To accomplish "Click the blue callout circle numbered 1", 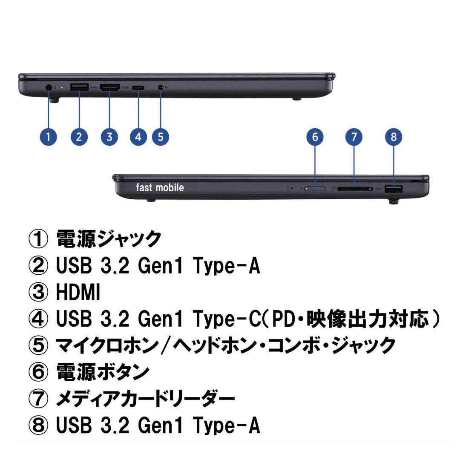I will pyautogui.click(x=48, y=137).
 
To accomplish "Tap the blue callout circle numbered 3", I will pyautogui.click(x=109, y=137).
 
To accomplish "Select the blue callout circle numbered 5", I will pyautogui.click(x=160, y=137).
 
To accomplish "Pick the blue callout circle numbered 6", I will pyautogui.click(x=315, y=137).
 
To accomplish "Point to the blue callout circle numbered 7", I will pyautogui.click(x=354, y=137).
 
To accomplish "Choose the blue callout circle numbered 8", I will pyautogui.click(x=394, y=137).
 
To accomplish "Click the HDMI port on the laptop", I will pyautogui.click(x=109, y=88).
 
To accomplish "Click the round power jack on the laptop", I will pyautogui.click(x=48, y=87).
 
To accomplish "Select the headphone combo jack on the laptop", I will pyautogui.click(x=160, y=87).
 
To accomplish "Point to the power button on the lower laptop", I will pyautogui.click(x=315, y=188).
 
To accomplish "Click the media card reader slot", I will pyautogui.click(x=354, y=188).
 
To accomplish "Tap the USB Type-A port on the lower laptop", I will pyautogui.click(x=394, y=189).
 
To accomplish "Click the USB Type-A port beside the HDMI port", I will pyautogui.click(x=79, y=88).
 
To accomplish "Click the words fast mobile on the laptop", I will pyautogui.click(x=160, y=188).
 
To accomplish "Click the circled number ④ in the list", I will pyautogui.click(x=38, y=319).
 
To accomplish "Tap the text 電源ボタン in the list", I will pyautogui.click(x=103, y=372).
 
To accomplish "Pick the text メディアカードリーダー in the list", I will pyautogui.click(x=145, y=399).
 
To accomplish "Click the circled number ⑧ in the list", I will pyautogui.click(x=38, y=425).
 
